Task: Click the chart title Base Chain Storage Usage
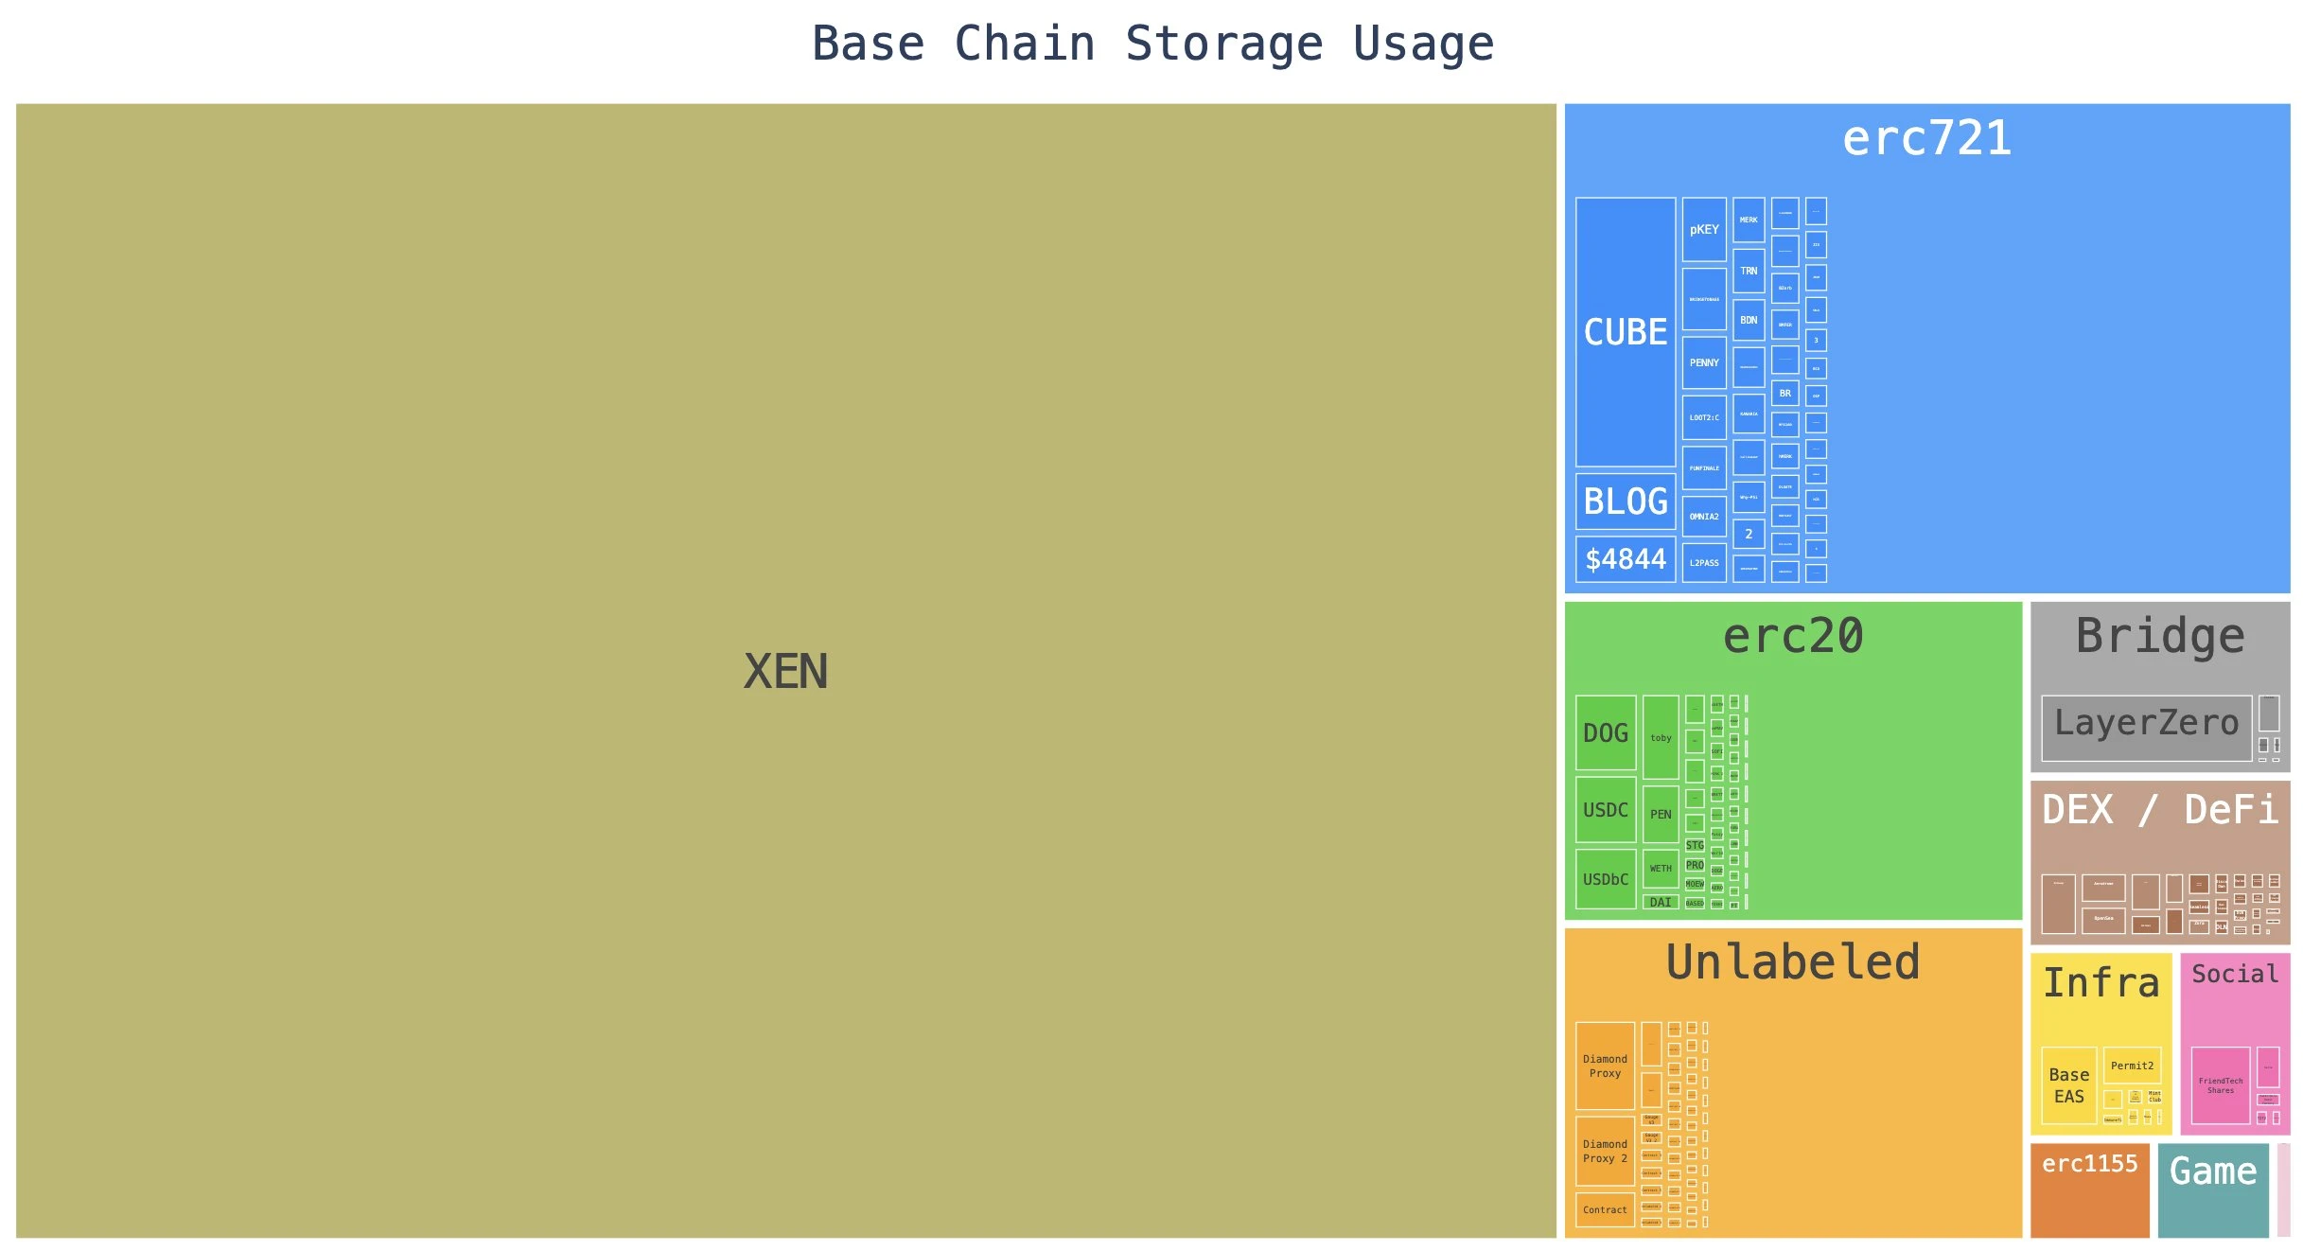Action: (1152, 44)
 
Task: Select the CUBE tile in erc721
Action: (1625, 331)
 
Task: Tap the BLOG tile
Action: (1625, 502)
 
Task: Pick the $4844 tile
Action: (1625, 559)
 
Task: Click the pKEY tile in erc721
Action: (1703, 229)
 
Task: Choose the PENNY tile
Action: (1703, 362)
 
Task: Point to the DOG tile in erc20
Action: (1605, 733)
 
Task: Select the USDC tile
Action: (1605, 810)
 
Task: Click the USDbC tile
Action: (1605, 879)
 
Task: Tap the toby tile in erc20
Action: (1660, 737)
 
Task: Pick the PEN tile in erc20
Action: (1660, 814)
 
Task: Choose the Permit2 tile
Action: (2131, 1066)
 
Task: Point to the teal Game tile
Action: (2212, 1190)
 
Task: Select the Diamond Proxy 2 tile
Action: (1604, 1151)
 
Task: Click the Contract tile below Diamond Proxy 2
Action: (1604, 1209)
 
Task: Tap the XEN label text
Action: (785, 672)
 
